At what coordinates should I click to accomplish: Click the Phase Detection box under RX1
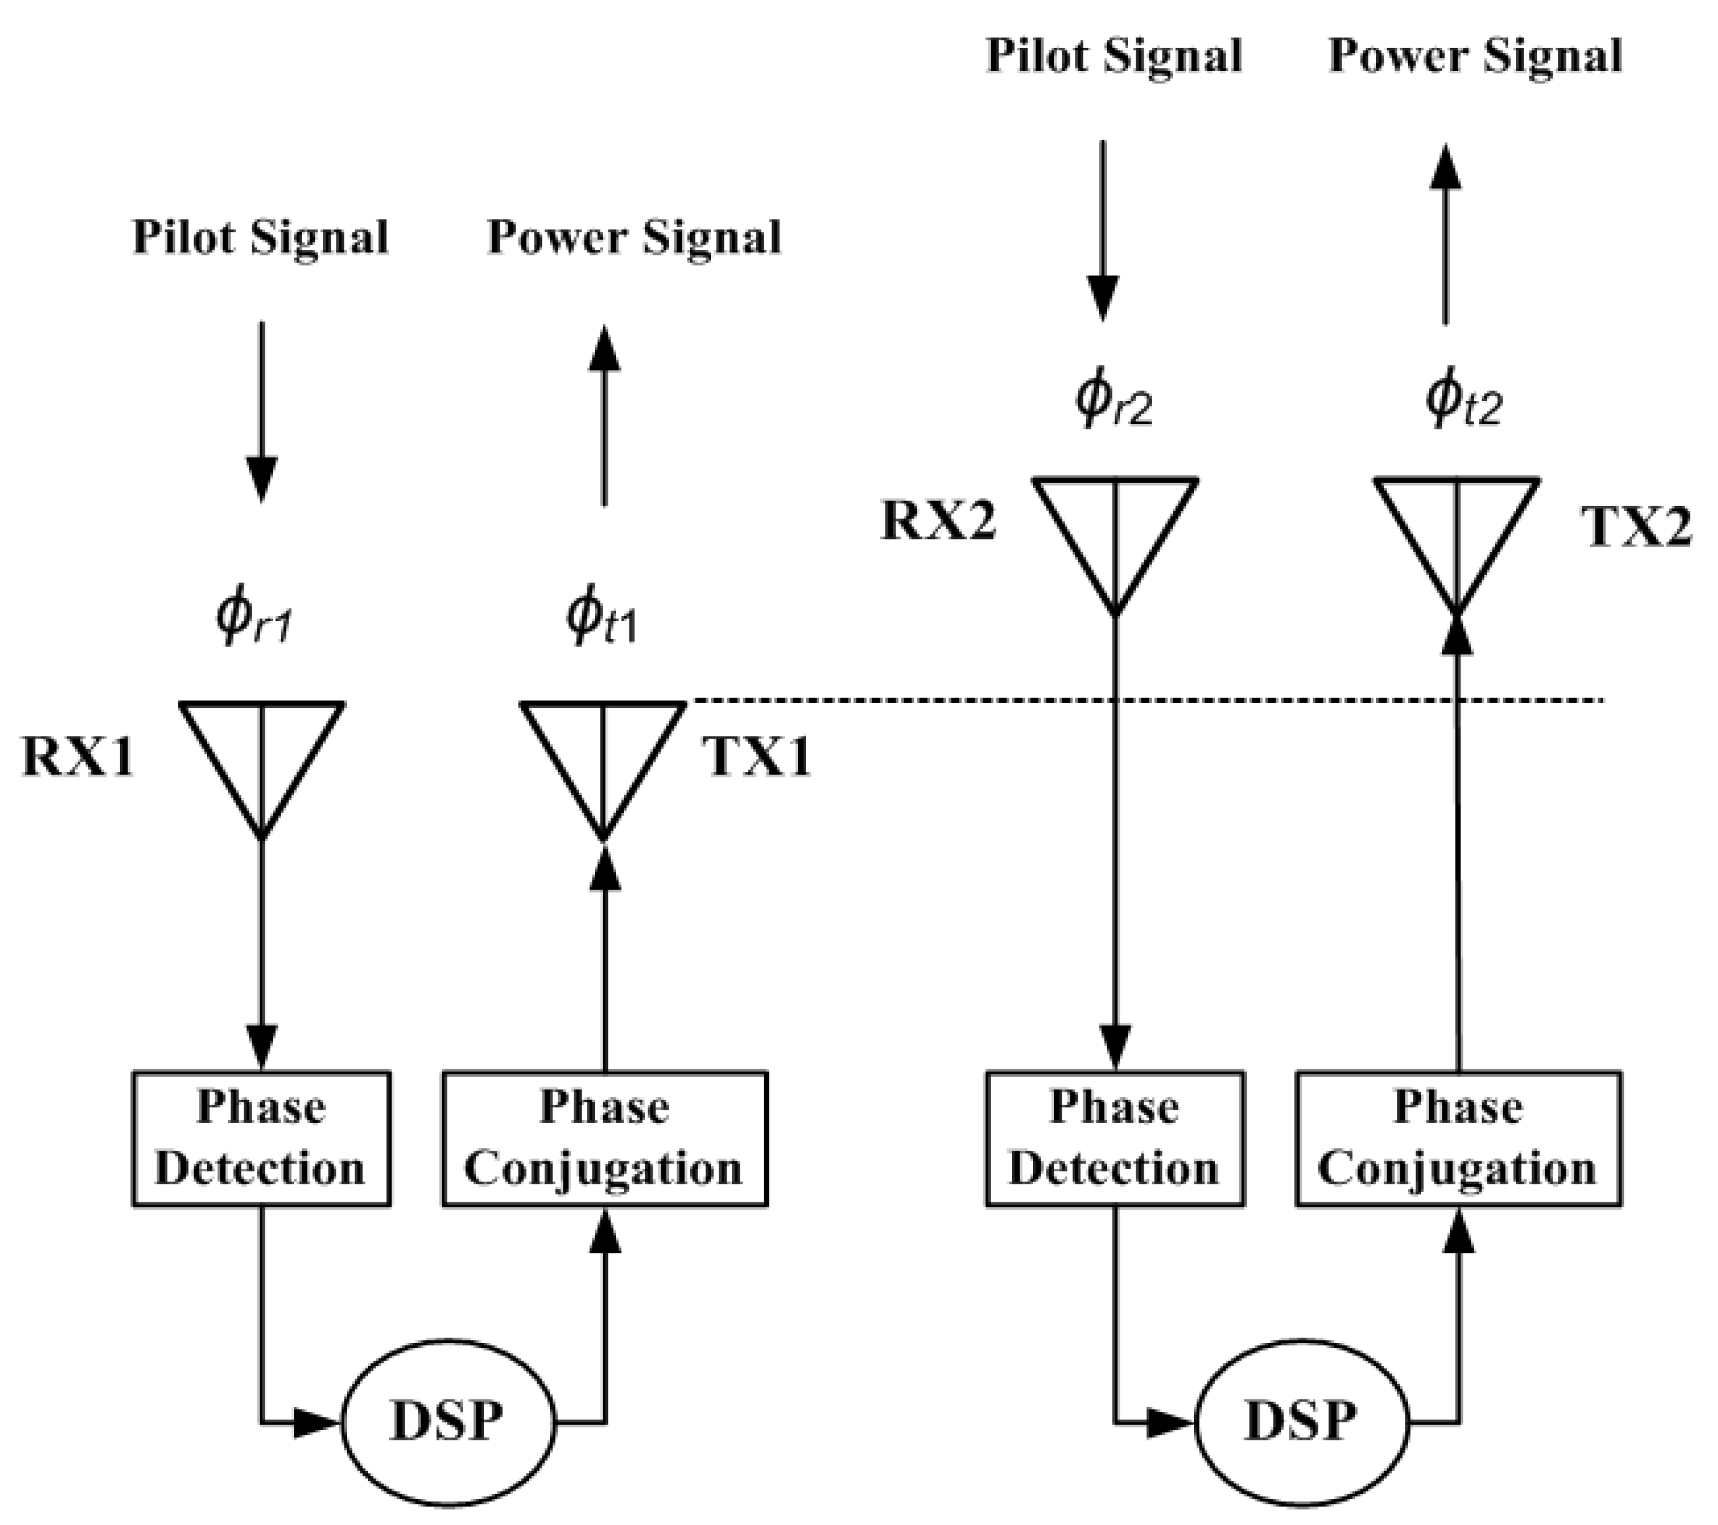pyautogui.click(x=260, y=1138)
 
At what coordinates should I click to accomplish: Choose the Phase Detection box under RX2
pyautogui.click(x=1114, y=1138)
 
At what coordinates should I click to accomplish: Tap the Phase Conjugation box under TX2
pyautogui.click(x=1458, y=1138)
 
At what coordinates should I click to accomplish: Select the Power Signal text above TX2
pyautogui.click(x=1474, y=57)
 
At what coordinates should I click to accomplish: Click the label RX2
pyautogui.click(x=938, y=520)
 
